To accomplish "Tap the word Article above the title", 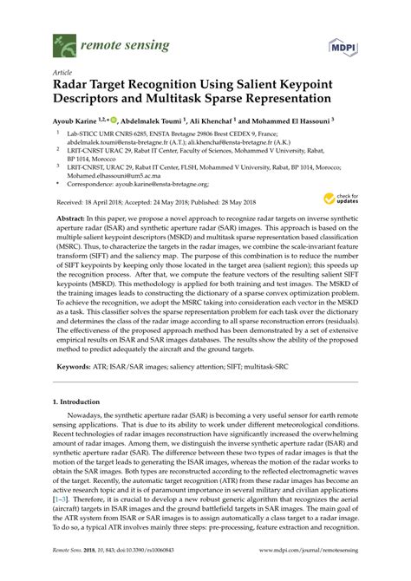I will pos(62,74).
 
